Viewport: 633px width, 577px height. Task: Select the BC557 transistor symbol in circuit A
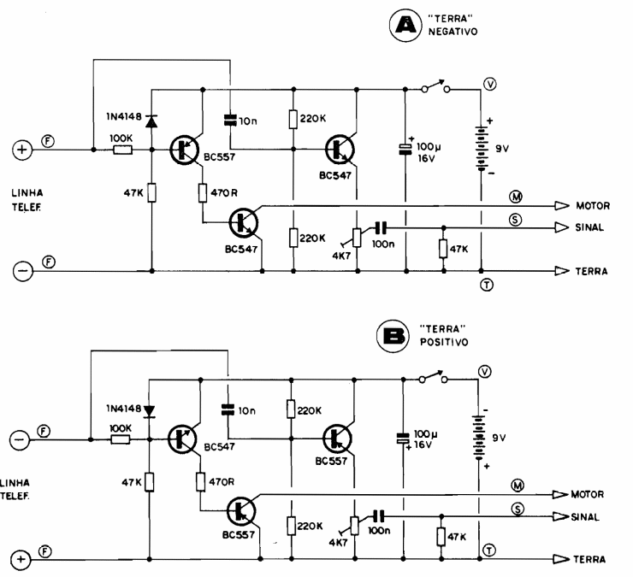pos(182,150)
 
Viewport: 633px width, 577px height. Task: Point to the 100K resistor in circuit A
pos(121,150)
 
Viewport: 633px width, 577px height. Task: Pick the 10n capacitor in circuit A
pos(229,121)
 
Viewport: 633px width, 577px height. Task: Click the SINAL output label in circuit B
pos(591,518)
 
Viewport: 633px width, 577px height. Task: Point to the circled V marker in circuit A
pos(489,84)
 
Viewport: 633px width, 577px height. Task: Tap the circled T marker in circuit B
pos(489,549)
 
